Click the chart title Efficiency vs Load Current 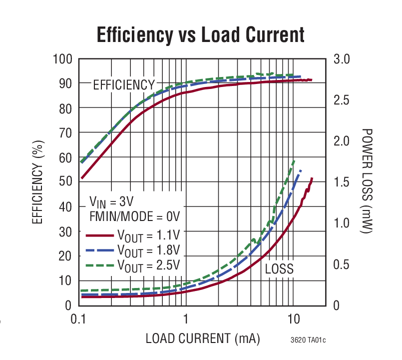pyautogui.click(x=200, y=35)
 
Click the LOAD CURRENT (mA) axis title pyautogui.click(x=203, y=338)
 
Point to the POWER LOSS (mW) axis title pyautogui.click(x=368, y=181)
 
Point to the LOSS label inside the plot pyautogui.click(x=279, y=269)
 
